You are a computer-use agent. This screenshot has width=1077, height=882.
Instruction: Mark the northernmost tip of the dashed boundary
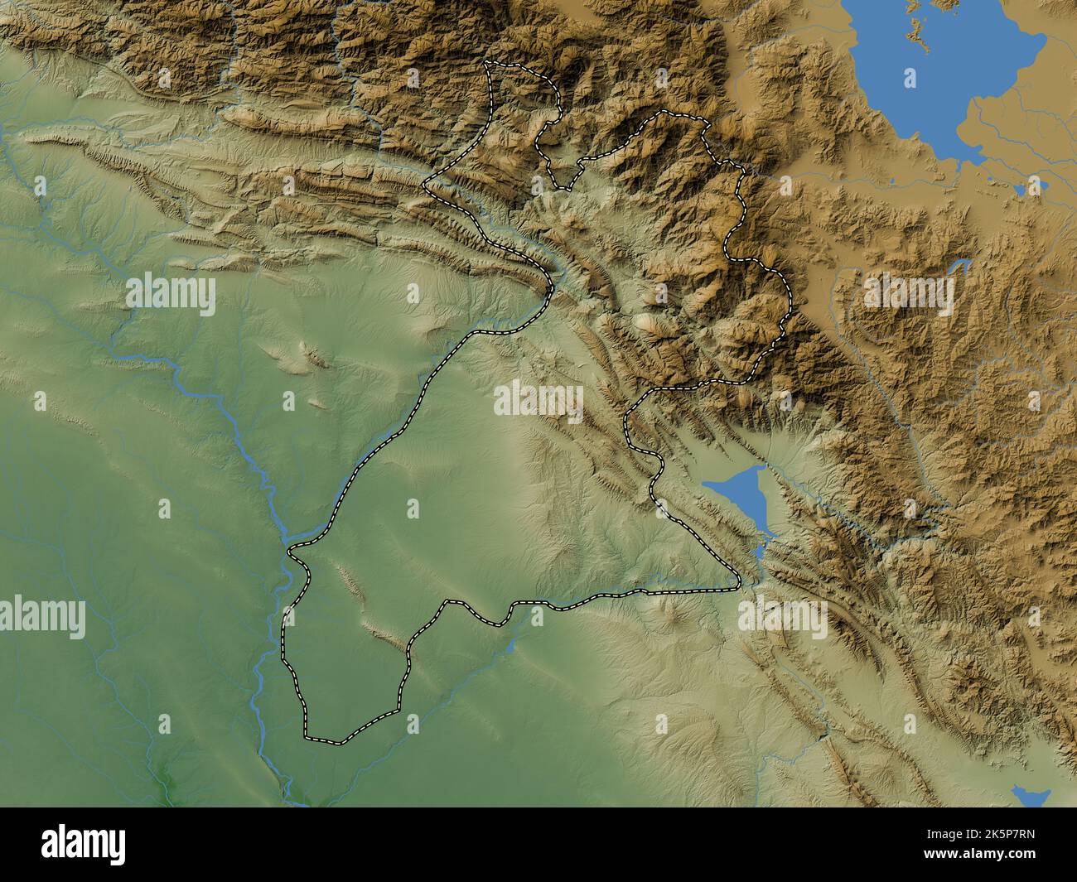pos(491,62)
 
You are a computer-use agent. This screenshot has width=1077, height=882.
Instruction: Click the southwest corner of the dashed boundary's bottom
pos(307,735)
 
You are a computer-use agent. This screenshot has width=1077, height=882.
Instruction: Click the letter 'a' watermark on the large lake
pos(910,79)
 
